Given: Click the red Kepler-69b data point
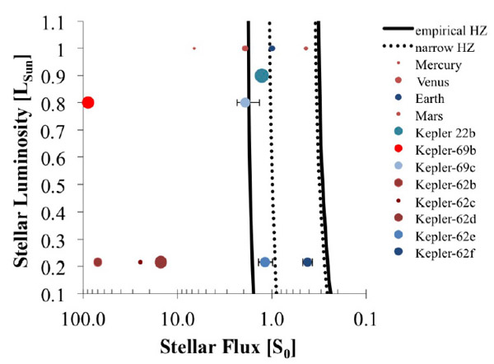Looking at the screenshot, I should pyautogui.click(x=88, y=102).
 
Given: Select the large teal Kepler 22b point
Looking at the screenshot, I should pyautogui.click(x=262, y=76).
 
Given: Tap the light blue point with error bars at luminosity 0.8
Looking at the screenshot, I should pyautogui.click(x=245, y=102).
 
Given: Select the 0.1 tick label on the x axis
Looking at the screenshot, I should pyautogui.click(x=366, y=318).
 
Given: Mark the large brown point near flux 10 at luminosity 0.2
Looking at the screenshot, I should pyautogui.click(x=161, y=262).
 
